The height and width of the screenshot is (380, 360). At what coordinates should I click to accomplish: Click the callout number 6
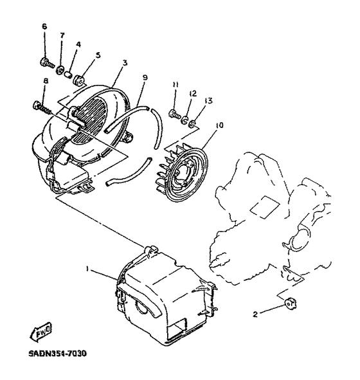(x=44, y=26)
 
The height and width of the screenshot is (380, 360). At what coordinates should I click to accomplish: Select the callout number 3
(x=124, y=62)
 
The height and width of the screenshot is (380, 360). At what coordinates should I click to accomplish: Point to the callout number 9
(x=145, y=78)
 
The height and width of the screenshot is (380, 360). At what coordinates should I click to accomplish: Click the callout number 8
(x=46, y=80)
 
